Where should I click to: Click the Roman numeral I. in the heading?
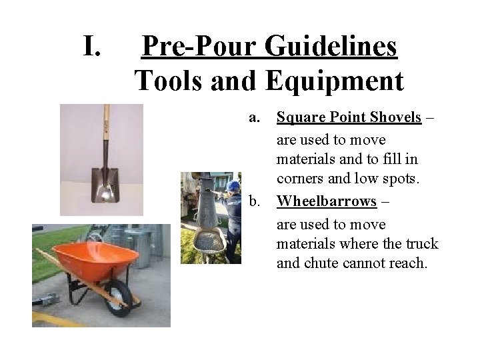tap(91, 47)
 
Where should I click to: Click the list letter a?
tap(254, 117)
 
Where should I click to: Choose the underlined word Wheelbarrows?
tap(327, 201)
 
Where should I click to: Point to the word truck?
tap(421, 243)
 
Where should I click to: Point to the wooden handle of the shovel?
tap(106, 133)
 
